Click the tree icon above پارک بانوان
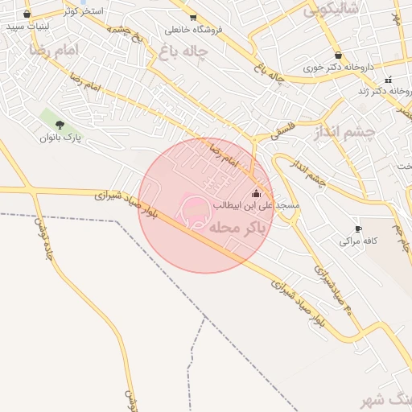(60, 124)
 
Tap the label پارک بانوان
(61, 138)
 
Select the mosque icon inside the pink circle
(257, 193)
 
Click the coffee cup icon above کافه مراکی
(358, 229)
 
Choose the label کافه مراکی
(359, 241)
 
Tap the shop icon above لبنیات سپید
(28, 14)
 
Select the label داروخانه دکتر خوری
(339, 67)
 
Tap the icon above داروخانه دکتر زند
(389, 79)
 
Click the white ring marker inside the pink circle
(196, 212)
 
